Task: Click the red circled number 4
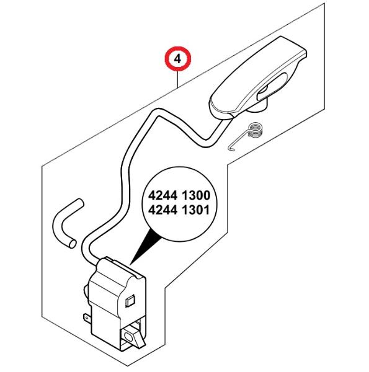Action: click(x=178, y=59)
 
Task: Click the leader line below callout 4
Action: click(x=178, y=80)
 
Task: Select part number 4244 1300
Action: click(x=179, y=195)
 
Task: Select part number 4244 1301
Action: click(x=179, y=210)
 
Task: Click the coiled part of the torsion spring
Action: click(x=254, y=130)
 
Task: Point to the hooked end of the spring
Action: click(x=231, y=148)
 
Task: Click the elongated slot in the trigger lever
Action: click(x=272, y=87)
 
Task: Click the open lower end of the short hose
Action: click(x=72, y=244)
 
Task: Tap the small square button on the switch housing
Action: click(x=130, y=301)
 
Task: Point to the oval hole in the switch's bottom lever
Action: click(x=128, y=337)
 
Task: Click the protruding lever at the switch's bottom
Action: click(x=133, y=337)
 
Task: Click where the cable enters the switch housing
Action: click(x=100, y=262)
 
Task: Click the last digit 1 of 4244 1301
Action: click(x=207, y=210)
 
